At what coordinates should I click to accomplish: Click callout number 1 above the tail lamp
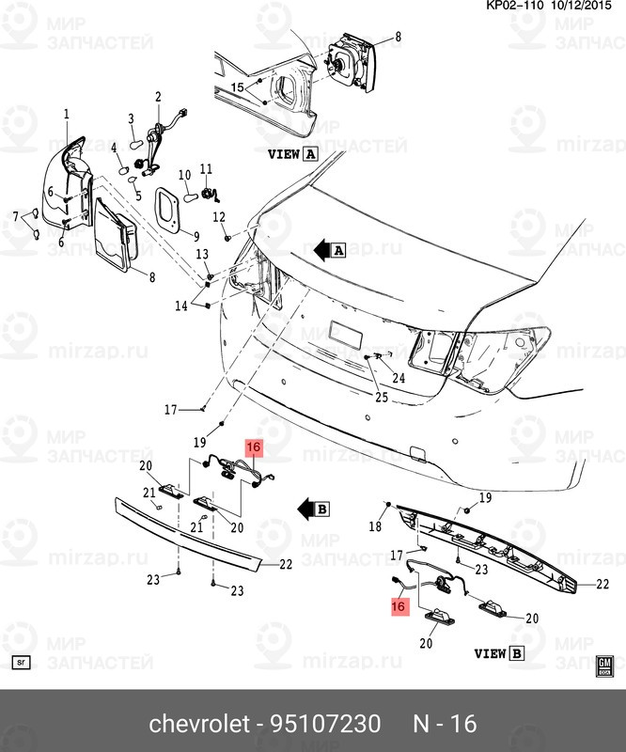67,114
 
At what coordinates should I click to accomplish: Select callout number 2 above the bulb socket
158,96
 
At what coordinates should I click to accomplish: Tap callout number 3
133,117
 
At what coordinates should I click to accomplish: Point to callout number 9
197,235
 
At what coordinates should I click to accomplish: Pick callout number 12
219,217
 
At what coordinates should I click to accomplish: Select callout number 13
201,256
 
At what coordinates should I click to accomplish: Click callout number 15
238,87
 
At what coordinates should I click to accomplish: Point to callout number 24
399,379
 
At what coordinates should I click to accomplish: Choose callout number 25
381,398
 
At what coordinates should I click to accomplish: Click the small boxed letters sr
23,662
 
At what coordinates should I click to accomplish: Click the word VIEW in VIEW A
284,153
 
